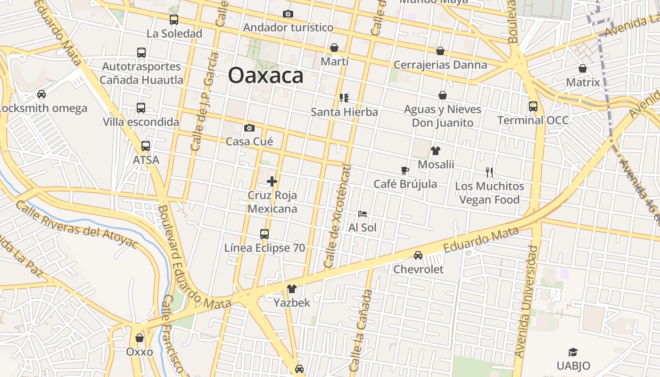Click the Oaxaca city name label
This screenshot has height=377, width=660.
[x=265, y=75]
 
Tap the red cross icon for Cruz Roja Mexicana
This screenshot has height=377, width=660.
[x=272, y=181]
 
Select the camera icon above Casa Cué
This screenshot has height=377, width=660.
[x=249, y=128]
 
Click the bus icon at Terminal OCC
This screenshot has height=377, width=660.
[x=533, y=107]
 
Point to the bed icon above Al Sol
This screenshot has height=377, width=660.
[x=362, y=214]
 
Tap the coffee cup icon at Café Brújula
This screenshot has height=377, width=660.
[x=404, y=170]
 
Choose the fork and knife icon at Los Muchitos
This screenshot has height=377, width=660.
[x=489, y=172]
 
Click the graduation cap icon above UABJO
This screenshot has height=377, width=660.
[x=573, y=352]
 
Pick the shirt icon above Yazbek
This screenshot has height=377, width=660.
[x=292, y=289]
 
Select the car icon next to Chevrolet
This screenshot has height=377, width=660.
[x=418, y=255]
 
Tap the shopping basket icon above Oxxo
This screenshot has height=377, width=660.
[x=140, y=338]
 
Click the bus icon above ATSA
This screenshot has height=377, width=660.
[x=146, y=146]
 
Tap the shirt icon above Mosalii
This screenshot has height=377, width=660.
[x=436, y=151]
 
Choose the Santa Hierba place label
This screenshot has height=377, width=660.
[x=344, y=112]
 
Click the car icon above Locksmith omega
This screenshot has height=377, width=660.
[x=41, y=94]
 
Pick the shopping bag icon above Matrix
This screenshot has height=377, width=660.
[x=583, y=68]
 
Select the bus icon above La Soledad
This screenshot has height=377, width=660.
[x=174, y=20]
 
